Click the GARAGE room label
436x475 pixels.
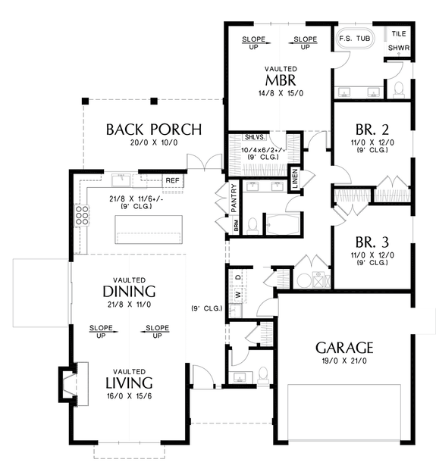coord(344,348)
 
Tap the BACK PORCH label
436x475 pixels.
coord(154,130)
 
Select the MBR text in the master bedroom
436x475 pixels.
coord(281,80)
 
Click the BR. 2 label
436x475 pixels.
coord(372,130)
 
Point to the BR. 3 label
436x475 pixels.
coord(372,242)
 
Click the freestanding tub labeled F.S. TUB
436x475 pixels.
coord(355,39)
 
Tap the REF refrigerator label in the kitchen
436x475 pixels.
coord(173,180)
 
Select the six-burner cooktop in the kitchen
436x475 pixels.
coord(82,215)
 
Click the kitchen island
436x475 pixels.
coord(149,230)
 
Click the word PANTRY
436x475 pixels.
coord(234,198)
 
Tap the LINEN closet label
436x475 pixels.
coord(295,178)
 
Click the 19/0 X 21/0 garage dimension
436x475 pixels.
coord(344,361)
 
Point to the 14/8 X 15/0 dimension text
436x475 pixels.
coord(281,93)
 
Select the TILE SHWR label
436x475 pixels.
coord(399,41)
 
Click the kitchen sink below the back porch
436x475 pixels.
coord(121,180)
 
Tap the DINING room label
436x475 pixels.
coord(129,292)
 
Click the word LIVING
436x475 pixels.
coord(129,383)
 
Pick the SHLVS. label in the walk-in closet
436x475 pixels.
coord(255,137)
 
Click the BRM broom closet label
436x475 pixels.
coord(237,227)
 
